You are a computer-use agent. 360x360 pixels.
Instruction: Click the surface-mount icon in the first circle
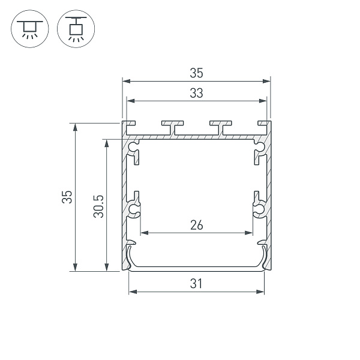pyautogui.click(x=28, y=29)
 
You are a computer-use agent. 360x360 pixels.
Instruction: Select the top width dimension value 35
pyautogui.click(x=196, y=73)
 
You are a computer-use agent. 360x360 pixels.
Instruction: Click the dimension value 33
pyautogui.click(x=196, y=93)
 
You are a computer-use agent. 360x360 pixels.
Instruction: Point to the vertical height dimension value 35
pyautogui.click(x=68, y=197)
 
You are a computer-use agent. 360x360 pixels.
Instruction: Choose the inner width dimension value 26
pyautogui.click(x=196, y=225)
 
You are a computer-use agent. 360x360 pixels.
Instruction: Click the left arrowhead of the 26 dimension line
pyautogui.click(x=144, y=232)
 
